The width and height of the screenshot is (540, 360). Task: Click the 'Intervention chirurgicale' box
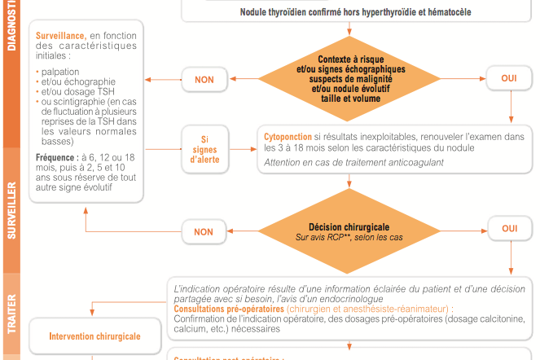click(x=94, y=336)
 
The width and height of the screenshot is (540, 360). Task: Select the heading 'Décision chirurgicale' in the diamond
click(x=349, y=226)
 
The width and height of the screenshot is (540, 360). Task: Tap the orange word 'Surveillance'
click(x=62, y=36)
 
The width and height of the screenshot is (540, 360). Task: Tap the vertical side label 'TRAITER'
click(x=11, y=315)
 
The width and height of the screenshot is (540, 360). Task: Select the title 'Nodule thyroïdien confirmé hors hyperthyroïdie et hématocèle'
click(x=355, y=12)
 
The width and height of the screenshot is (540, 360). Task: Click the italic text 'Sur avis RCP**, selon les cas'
click(x=349, y=237)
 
